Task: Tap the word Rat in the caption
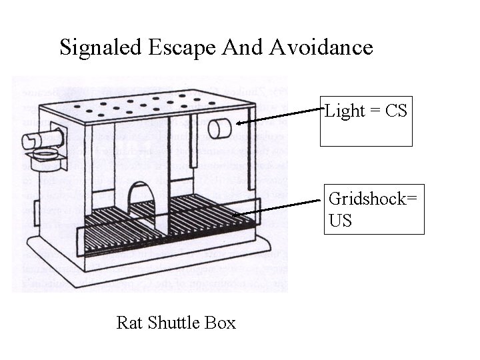[127, 323]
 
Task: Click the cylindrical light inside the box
[219, 128]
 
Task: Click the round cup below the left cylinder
[45, 158]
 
